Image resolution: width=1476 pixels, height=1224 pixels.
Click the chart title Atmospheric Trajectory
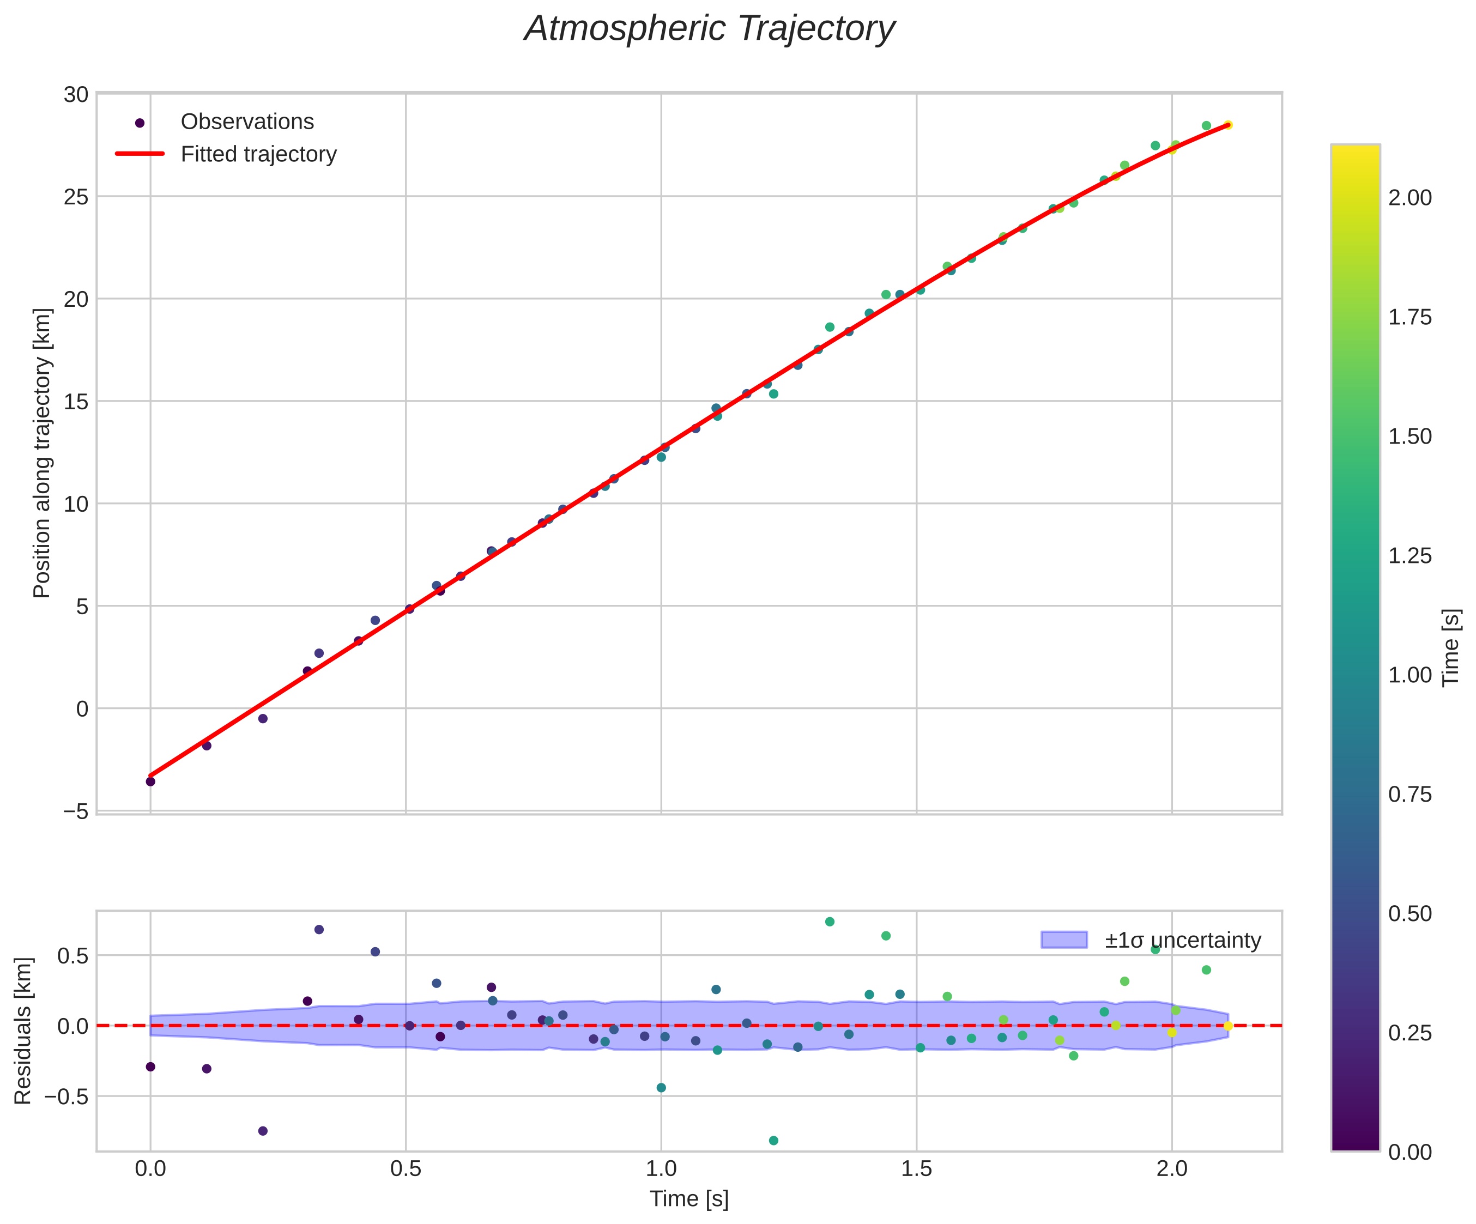pos(709,29)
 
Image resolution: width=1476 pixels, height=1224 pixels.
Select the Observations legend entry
pos(247,122)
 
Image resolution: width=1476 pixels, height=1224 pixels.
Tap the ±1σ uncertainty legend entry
pos(1182,940)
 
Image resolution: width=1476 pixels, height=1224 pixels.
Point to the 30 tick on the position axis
pos(76,95)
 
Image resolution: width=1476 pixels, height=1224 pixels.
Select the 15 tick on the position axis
pos(76,402)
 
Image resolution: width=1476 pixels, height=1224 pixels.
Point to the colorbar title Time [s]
pos(1451,648)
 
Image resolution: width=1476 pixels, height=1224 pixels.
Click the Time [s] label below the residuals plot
pos(689,1199)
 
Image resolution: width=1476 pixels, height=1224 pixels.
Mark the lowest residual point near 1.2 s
pos(773,1141)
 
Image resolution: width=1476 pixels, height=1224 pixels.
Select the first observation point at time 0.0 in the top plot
pos(150,781)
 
